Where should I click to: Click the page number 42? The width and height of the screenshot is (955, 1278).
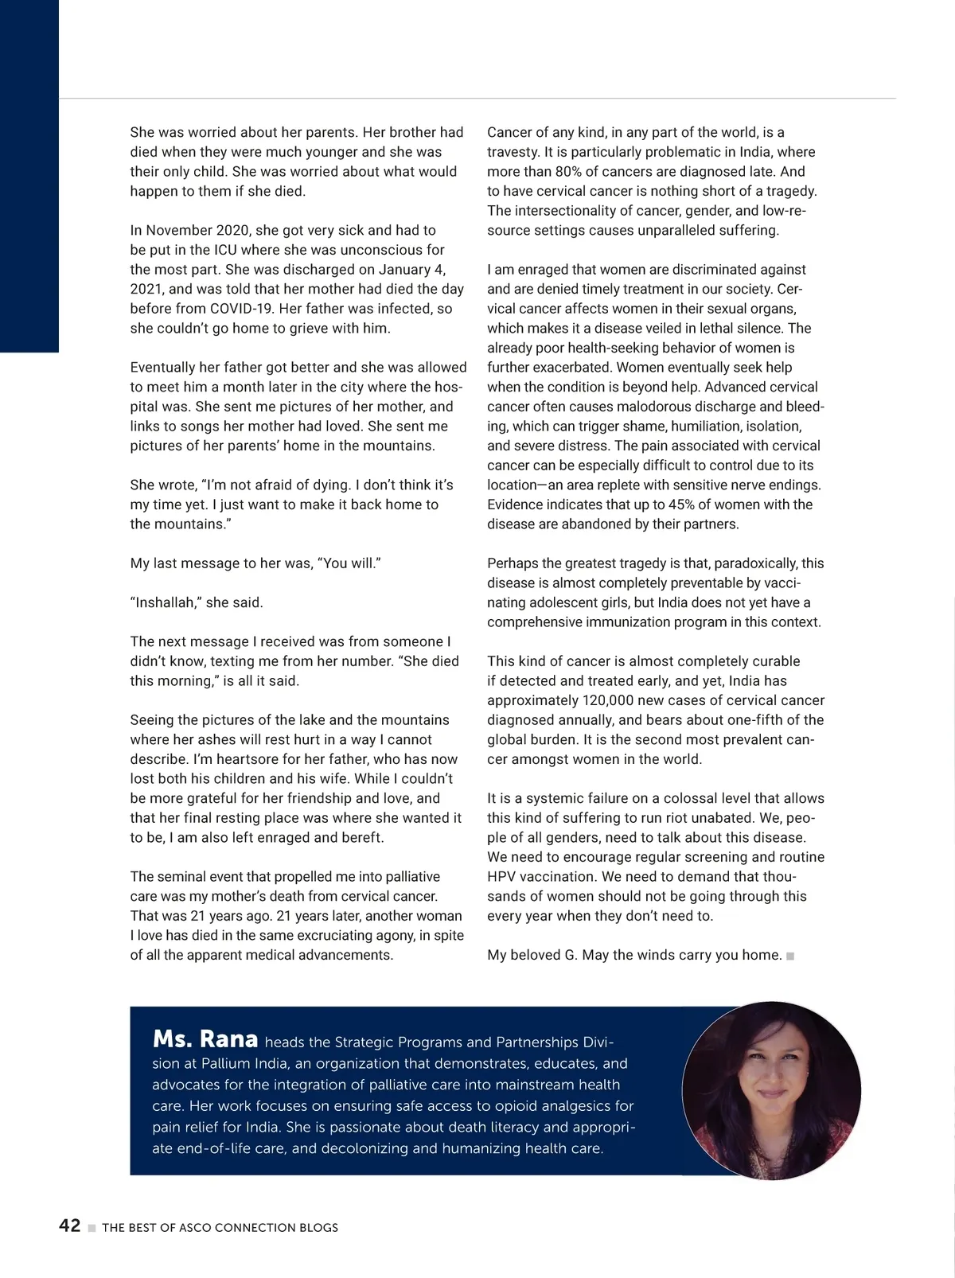(70, 1225)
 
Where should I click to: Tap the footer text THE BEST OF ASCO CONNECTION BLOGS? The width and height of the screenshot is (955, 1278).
(220, 1228)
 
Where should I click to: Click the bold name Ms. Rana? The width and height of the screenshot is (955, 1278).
(205, 1039)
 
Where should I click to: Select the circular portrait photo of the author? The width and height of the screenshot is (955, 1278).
(771, 1090)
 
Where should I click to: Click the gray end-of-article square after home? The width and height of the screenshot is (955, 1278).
(790, 956)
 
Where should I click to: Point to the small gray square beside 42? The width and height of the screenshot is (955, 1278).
(92, 1228)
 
